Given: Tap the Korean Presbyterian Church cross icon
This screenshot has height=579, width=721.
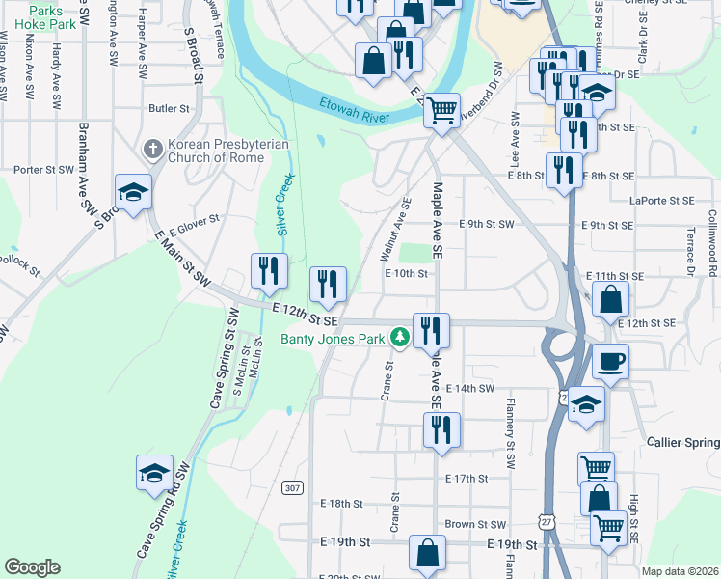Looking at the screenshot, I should click(x=152, y=149).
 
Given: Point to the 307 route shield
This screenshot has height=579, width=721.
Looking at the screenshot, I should click(x=292, y=488).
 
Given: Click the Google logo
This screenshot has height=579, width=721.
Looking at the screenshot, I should click(x=32, y=567).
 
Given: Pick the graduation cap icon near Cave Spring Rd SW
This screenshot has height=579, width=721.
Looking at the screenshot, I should click(x=154, y=473).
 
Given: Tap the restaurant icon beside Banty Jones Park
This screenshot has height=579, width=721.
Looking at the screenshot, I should click(x=430, y=331).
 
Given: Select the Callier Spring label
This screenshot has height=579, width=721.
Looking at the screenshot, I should click(x=681, y=442).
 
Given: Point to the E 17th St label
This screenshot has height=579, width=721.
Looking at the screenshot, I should click(x=467, y=478).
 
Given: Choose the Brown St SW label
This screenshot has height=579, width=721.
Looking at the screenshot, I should click(x=475, y=524).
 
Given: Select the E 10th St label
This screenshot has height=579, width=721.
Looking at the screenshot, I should click(x=406, y=273).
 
